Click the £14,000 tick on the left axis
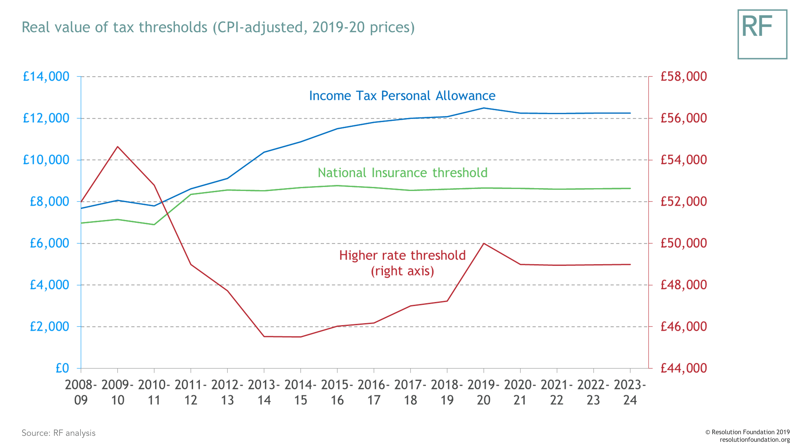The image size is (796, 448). [x=46, y=76]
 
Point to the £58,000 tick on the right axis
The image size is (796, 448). [x=684, y=76]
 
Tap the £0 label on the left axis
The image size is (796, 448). [x=62, y=368]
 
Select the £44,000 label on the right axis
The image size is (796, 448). [x=684, y=368]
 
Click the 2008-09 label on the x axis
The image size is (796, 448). [x=81, y=392]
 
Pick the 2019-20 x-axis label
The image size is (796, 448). [x=484, y=392]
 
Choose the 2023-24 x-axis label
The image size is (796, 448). [x=630, y=392]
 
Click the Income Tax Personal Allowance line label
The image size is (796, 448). [x=402, y=96]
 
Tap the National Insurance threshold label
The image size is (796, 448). [x=403, y=173]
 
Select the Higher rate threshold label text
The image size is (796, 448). [x=402, y=256]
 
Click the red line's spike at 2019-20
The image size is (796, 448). [x=484, y=244]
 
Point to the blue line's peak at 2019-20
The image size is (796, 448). [x=484, y=108]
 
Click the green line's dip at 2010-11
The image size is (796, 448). [x=154, y=224]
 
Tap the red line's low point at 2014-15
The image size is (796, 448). [x=301, y=337]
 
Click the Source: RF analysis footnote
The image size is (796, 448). [x=58, y=433]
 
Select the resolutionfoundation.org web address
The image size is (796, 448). [x=755, y=440]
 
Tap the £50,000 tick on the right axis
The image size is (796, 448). [x=684, y=243]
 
